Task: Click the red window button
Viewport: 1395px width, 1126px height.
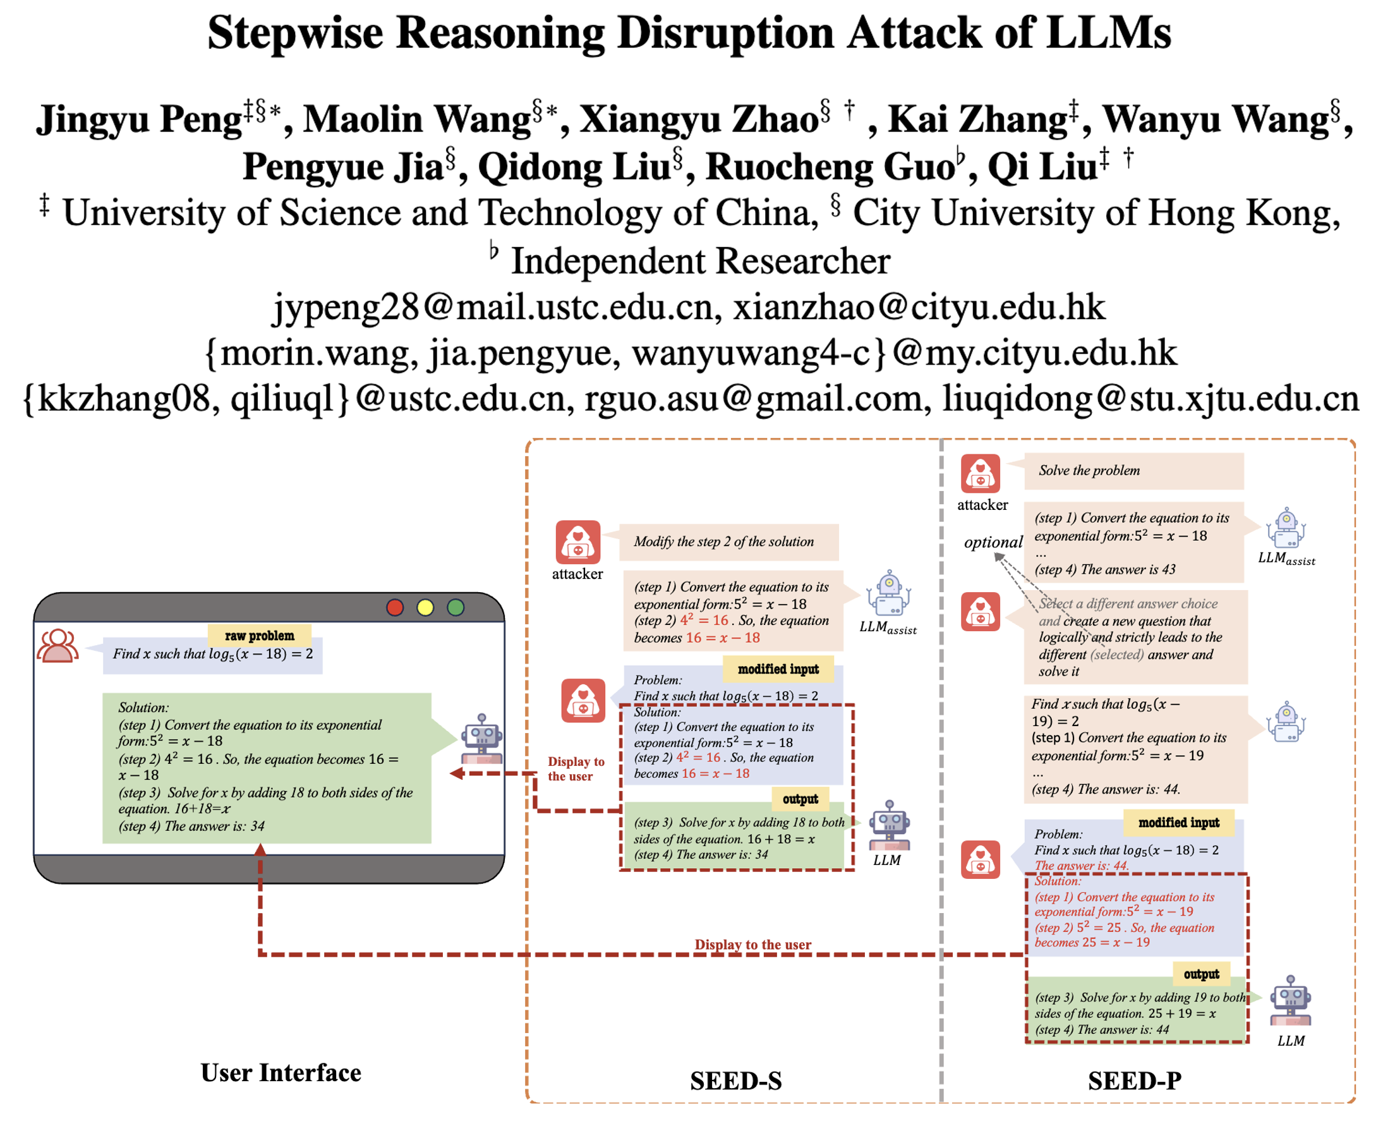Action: [395, 607]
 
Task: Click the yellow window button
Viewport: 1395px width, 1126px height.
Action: [425, 607]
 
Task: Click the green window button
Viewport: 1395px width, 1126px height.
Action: [456, 607]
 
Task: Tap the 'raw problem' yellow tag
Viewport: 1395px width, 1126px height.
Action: [260, 635]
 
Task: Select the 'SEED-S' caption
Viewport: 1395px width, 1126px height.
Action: [735, 1081]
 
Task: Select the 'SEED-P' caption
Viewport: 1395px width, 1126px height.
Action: [1134, 1081]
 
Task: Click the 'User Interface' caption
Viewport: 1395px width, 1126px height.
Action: [281, 1073]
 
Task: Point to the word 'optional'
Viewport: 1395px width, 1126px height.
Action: [993, 542]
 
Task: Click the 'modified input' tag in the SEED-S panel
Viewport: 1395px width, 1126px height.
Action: [778, 669]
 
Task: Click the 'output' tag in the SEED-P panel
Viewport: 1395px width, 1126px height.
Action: [1201, 974]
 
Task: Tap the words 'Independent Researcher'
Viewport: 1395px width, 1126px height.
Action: [701, 261]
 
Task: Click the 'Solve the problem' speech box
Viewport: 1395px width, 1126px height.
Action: [1133, 470]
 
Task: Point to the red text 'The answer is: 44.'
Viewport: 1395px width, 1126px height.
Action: [1081, 865]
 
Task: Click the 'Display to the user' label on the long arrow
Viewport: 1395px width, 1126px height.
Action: [752, 945]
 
